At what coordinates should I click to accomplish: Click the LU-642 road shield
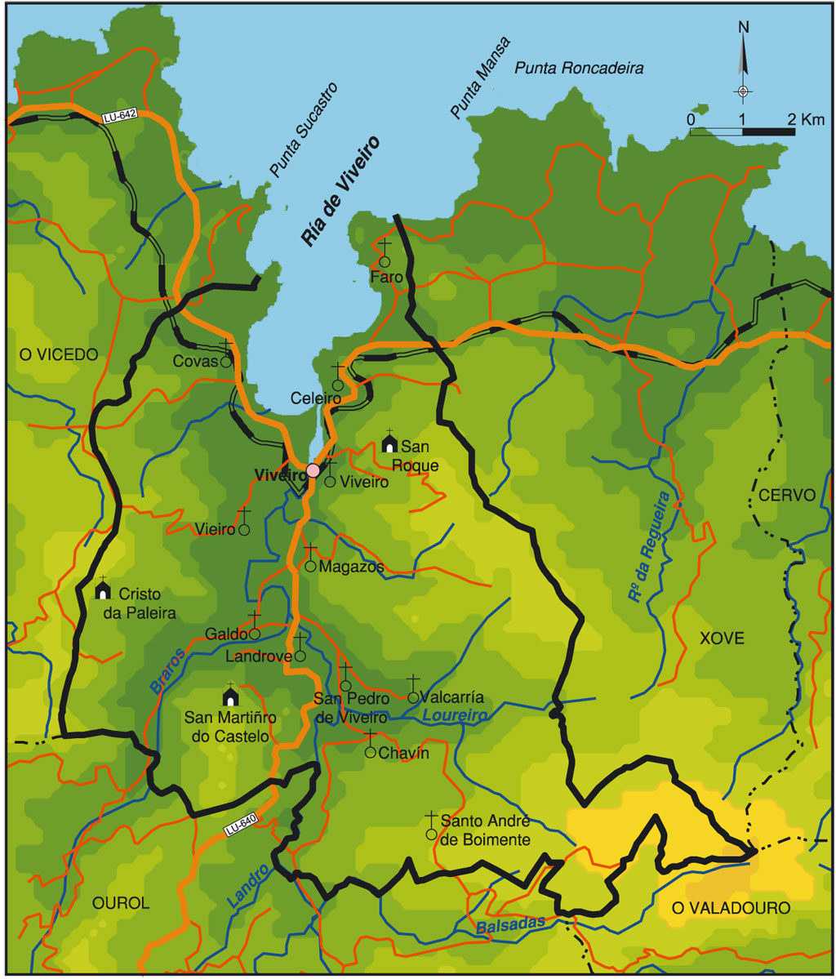[119, 118]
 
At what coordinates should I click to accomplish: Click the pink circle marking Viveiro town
[313, 471]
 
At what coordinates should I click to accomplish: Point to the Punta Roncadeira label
[579, 69]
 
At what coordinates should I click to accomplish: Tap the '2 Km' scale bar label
[807, 120]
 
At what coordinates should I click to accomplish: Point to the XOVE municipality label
[722, 639]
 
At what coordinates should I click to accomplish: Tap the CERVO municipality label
[786, 496]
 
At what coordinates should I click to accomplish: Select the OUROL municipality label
[122, 903]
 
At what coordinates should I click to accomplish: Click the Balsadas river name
[508, 927]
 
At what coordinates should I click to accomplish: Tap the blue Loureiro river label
[449, 716]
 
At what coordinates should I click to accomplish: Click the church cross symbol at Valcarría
[413, 689]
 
